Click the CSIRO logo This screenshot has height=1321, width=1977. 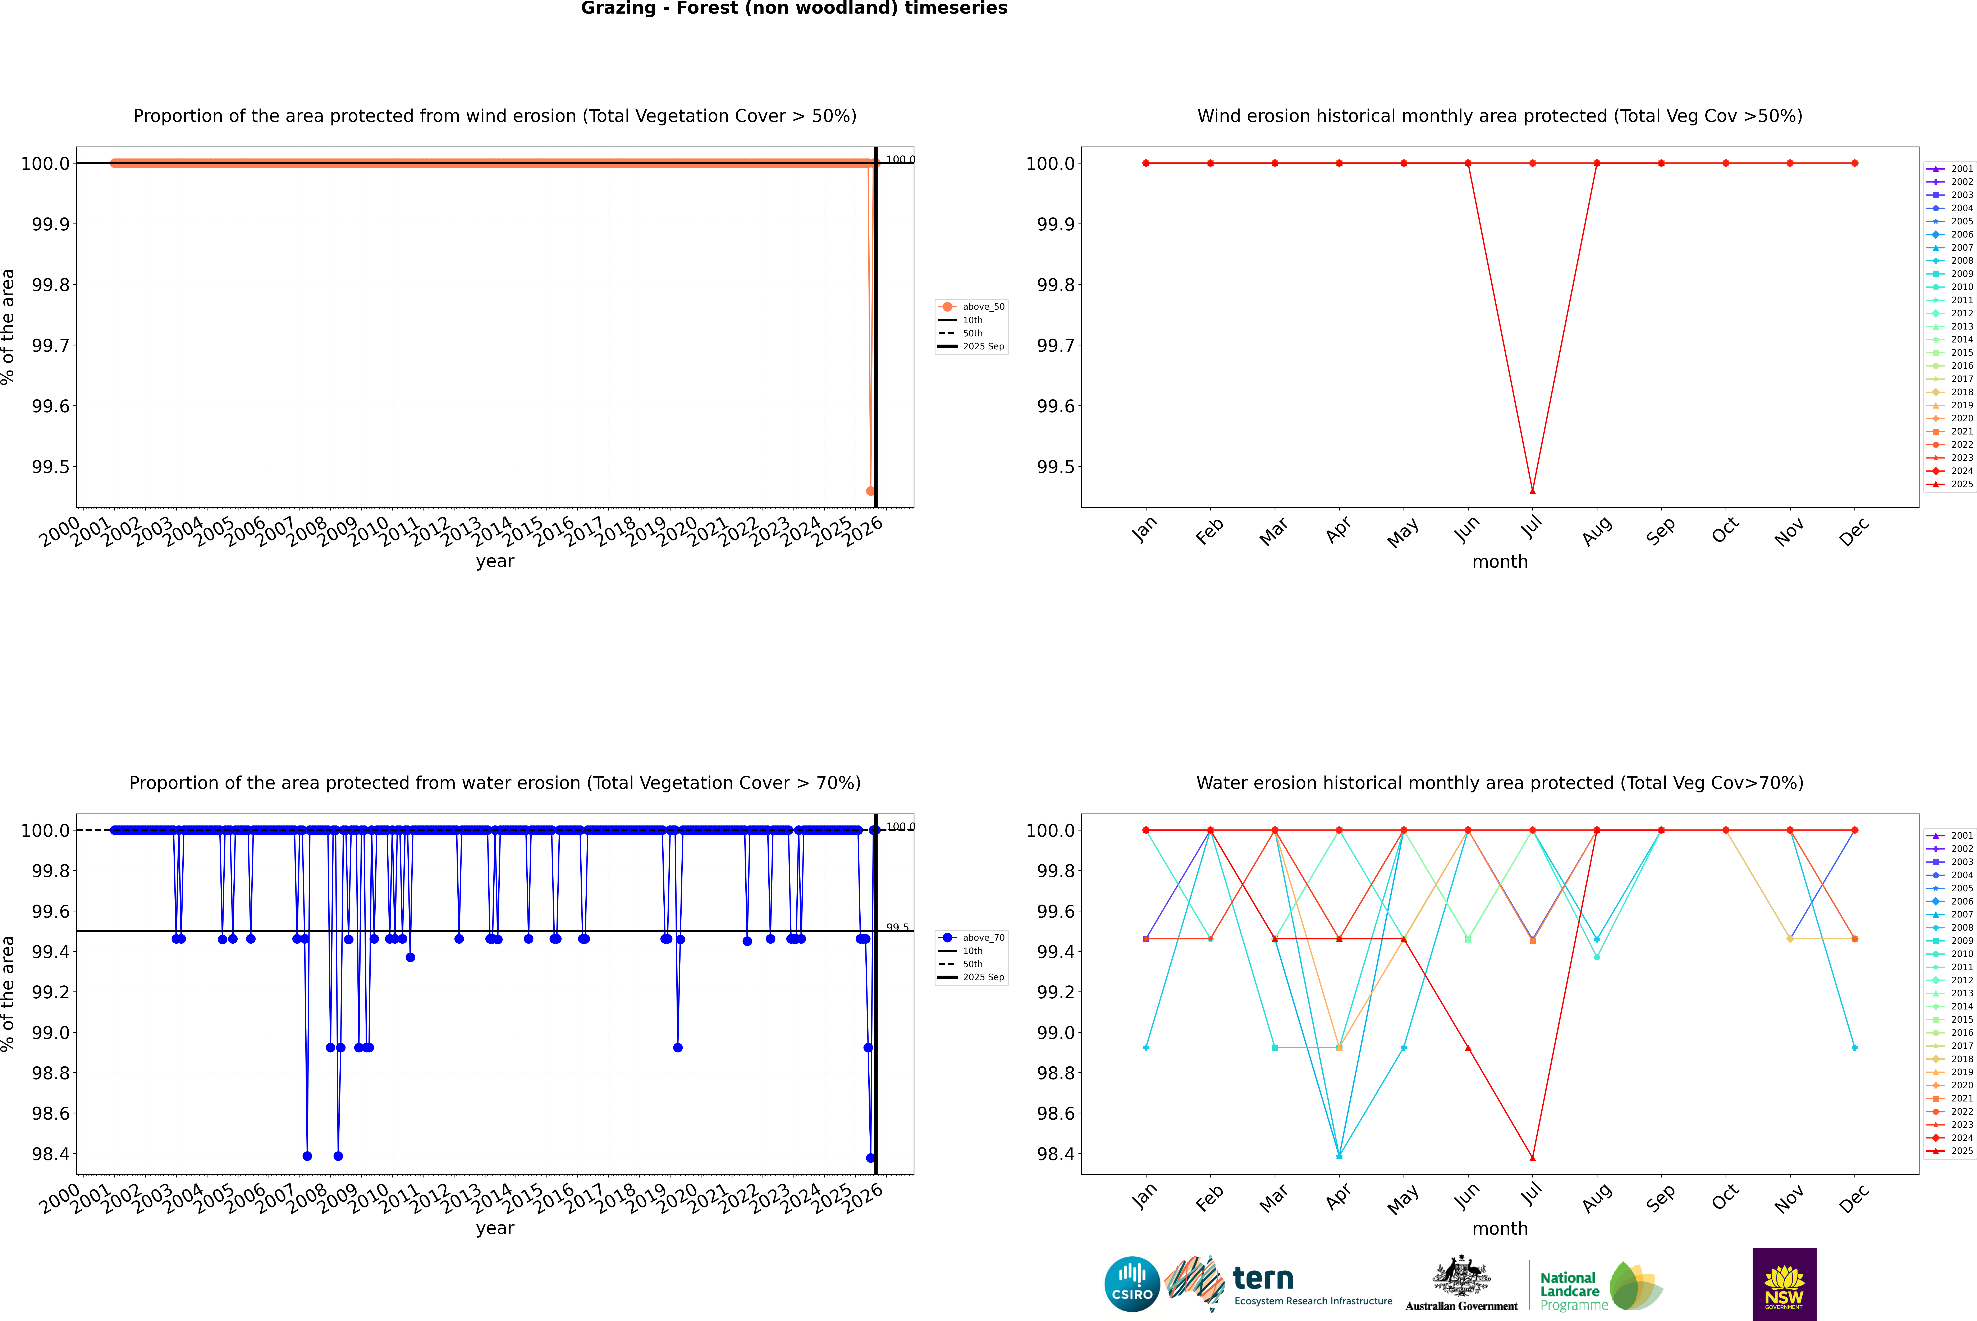click(1132, 1284)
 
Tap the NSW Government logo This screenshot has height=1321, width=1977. click(1784, 1284)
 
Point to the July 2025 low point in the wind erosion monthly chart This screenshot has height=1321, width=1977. click(1532, 490)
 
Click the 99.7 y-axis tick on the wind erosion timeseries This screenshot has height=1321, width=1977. click(51, 345)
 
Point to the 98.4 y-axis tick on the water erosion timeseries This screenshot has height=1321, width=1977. click(51, 1154)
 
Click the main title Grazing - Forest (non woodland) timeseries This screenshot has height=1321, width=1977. click(794, 8)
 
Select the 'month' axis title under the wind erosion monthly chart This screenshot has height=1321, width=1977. click(1499, 562)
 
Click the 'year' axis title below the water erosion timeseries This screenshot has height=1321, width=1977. click(495, 1228)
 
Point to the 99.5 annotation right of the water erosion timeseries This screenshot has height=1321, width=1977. click(897, 928)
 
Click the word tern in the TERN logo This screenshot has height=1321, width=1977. click(1262, 1279)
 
